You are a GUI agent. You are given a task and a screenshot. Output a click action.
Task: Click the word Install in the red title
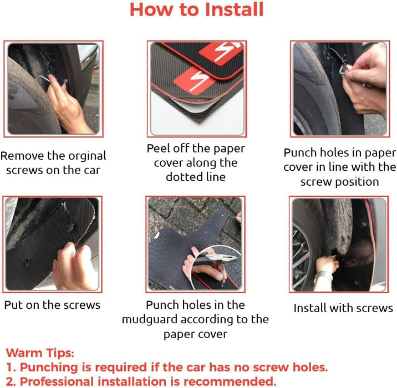pos(235,9)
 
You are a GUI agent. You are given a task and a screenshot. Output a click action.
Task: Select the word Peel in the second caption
pos(158,149)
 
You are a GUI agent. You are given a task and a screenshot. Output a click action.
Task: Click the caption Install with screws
pos(343,308)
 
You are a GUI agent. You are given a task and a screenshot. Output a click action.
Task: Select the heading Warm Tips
pos(40,353)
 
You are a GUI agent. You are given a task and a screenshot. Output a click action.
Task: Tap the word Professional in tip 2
pos(57,381)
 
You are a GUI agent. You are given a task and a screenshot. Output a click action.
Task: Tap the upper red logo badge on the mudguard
pos(220,53)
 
